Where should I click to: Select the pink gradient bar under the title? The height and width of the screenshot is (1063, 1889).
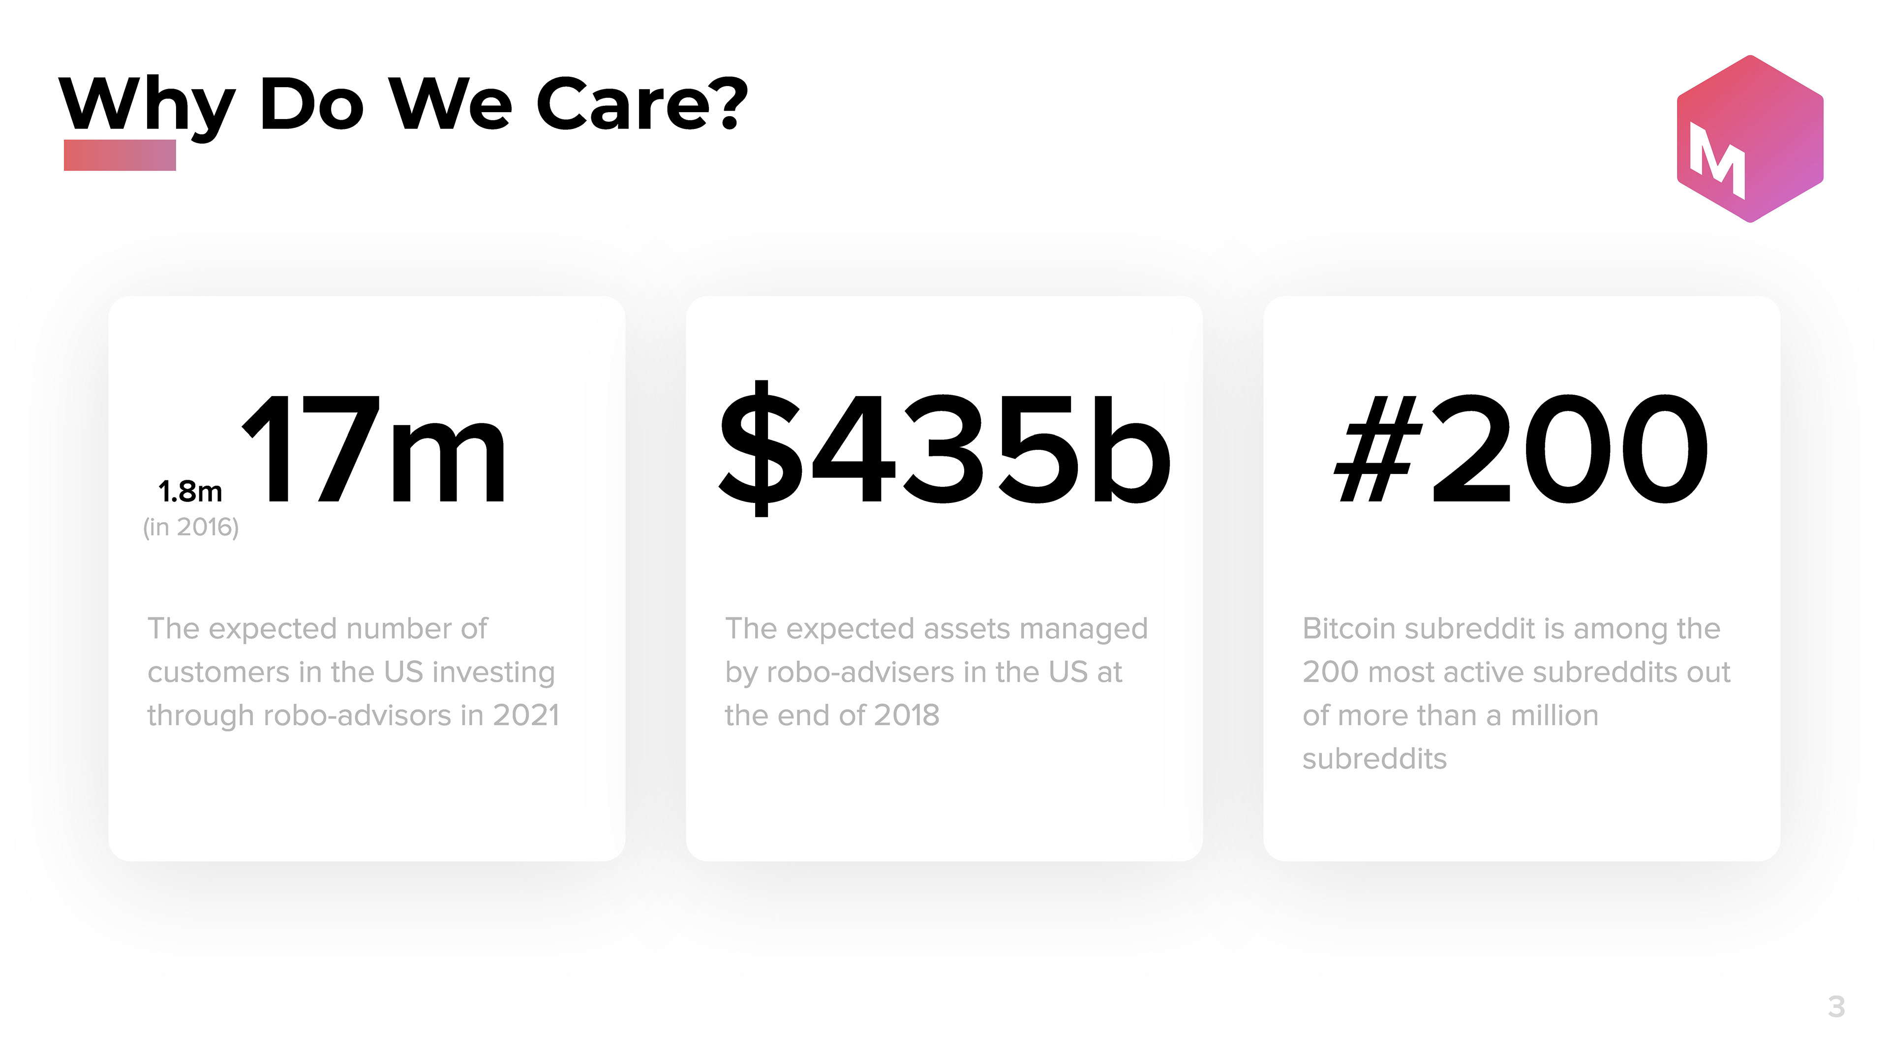120,155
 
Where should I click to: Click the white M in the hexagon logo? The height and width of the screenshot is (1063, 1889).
1717,160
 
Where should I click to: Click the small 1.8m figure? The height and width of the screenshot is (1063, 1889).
190,492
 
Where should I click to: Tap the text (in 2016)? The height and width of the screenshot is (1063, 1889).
191,527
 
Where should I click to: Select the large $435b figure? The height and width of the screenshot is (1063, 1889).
944,448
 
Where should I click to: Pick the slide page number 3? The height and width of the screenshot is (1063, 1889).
1836,1006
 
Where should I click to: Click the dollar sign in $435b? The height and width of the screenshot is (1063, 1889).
761,448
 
